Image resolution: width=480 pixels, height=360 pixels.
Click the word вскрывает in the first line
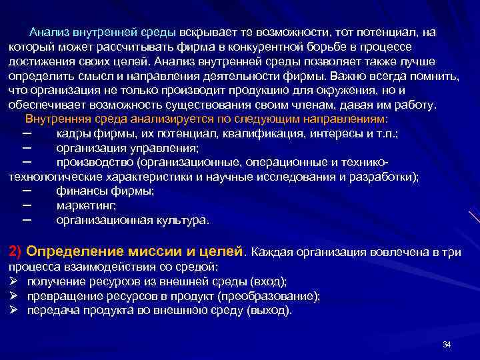coord(206,31)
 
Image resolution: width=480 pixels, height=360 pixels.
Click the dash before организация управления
coord(27,147)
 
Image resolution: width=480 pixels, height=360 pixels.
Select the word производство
coord(95,163)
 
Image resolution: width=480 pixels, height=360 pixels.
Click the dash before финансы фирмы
coord(27,191)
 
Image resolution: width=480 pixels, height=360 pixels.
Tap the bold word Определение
coord(71,251)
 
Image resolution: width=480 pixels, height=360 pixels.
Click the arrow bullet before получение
coord(14,281)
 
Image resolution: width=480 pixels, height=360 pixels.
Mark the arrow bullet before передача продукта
coord(14,311)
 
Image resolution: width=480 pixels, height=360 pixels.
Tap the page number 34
coord(447,345)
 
